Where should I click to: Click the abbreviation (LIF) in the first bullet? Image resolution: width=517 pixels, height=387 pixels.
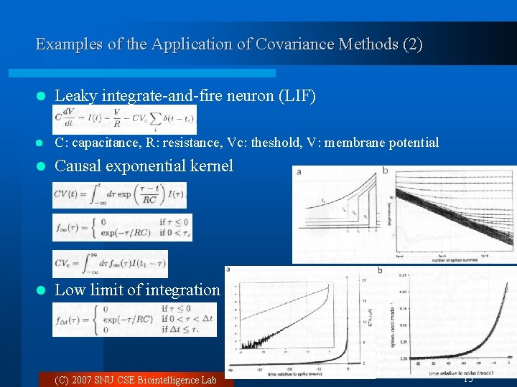point(297,96)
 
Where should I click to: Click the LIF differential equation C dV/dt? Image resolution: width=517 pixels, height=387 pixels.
point(124,119)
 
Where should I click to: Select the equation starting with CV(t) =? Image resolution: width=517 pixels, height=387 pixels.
point(119,195)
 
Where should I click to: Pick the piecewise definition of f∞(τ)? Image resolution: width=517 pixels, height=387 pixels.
point(122,228)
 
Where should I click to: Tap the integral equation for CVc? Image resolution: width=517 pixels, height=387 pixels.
point(110,263)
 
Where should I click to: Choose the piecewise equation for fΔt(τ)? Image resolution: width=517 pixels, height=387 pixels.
point(134,320)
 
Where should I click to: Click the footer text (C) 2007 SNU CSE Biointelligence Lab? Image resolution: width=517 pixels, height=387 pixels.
point(136,380)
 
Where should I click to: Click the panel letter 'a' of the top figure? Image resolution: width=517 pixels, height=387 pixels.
point(298,171)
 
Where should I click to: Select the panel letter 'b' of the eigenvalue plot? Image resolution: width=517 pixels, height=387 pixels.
point(385,171)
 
